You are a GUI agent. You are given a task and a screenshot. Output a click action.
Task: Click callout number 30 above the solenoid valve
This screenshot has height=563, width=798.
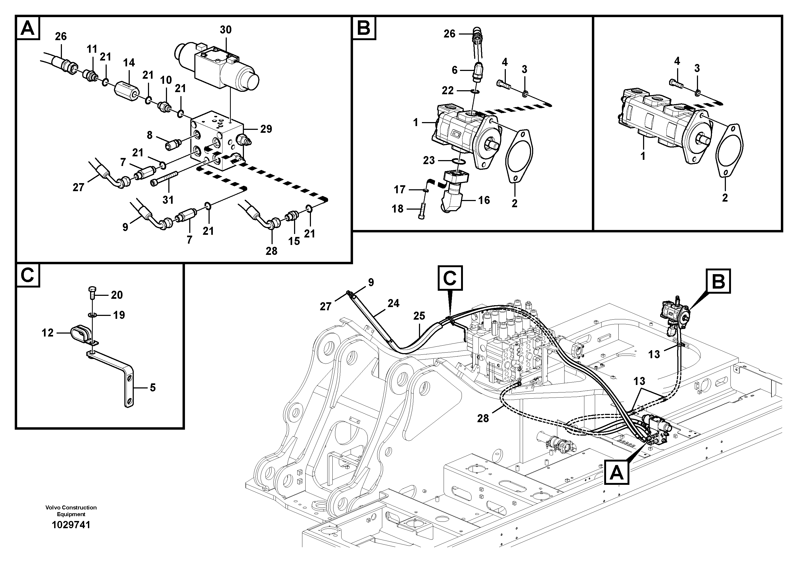coord(225,30)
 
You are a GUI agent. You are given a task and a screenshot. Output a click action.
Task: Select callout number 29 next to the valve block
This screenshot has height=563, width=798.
coord(266,129)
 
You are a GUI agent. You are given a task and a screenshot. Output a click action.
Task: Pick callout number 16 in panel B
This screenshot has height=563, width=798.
coord(484,200)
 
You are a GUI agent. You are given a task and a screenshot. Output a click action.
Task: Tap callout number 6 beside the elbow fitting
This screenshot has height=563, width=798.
coord(455,70)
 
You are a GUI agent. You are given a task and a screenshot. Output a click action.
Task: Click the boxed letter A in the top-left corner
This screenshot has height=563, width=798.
coord(28,28)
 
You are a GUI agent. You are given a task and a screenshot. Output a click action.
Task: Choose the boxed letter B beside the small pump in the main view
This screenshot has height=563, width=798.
coord(718,281)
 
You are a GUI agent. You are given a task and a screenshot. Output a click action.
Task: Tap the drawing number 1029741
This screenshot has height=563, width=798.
coord(71,525)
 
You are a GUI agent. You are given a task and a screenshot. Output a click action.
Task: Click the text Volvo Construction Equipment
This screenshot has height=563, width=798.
coord(71,511)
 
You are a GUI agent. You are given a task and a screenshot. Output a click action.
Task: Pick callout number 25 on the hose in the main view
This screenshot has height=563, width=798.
coord(419,316)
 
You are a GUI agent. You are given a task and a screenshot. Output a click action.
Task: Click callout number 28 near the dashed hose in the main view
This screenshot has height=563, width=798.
coord(483,419)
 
